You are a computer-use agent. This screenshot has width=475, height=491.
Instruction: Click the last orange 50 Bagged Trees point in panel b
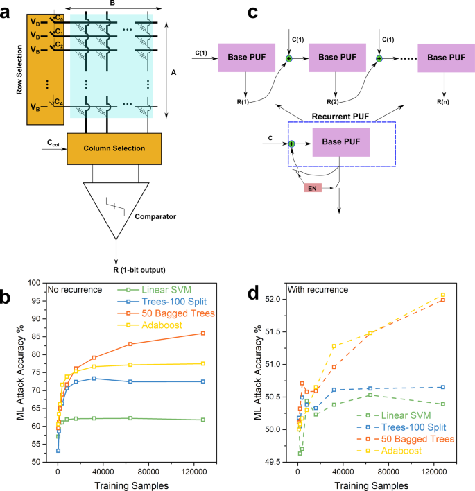(x=202, y=334)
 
